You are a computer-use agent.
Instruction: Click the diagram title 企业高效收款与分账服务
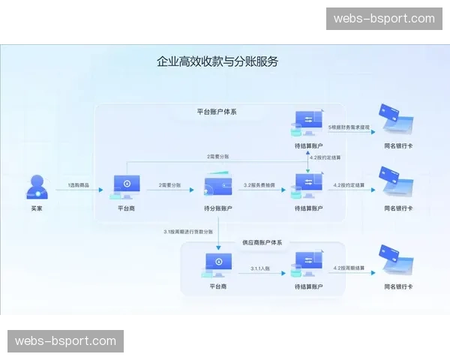coord(217,61)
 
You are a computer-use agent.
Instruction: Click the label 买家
coord(37,208)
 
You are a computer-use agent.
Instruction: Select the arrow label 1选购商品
coord(79,184)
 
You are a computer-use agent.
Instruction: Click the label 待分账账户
coord(217,208)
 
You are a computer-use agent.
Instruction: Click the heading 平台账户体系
coord(217,112)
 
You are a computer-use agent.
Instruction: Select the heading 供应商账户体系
coord(262,242)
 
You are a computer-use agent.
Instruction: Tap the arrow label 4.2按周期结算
coord(349,267)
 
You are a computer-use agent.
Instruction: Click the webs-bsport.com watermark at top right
coord(384,18)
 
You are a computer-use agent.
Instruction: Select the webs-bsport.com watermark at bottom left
coord(66,341)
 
